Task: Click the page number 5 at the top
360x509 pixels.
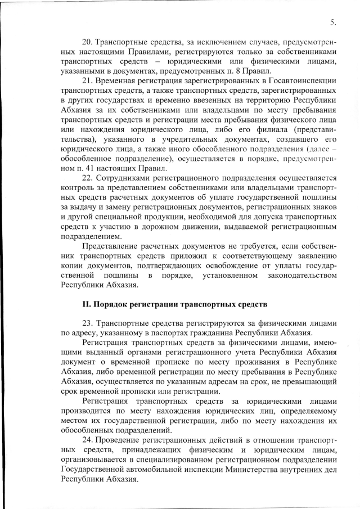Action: click(x=332, y=23)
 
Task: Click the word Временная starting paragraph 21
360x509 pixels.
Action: click(x=118, y=81)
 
